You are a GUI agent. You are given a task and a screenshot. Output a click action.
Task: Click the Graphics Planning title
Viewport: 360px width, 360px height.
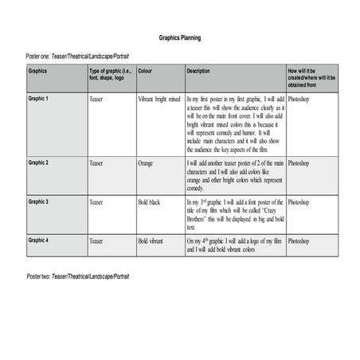pyautogui.click(x=179, y=37)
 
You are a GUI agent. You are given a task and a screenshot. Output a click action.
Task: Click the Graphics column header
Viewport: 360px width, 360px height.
pyautogui.click(x=38, y=71)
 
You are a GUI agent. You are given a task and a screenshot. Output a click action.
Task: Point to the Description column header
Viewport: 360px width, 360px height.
pyautogui.click(x=198, y=71)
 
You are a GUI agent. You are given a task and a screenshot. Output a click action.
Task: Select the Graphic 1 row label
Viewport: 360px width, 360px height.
pyautogui.click(x=39, y=99)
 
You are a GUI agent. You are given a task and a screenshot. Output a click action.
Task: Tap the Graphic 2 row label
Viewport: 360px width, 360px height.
pyautogui.click(x=39, y=162)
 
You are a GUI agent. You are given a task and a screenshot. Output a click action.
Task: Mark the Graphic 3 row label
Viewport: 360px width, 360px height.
pyautogui.click(x=39, y=202)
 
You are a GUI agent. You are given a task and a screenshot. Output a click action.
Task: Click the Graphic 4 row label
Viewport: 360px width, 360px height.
pyautogui.click(x=39, y=239)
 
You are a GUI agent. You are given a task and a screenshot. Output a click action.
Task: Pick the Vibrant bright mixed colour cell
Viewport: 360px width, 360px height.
pyautogui.click(x=159, y=99)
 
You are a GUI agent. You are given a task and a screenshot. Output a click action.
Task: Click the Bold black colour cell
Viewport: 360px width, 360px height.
pyautogui.click(x=149, y=202)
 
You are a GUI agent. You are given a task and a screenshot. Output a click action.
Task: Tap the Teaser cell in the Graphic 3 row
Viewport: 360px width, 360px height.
pyautogui.click(x=96, y=202)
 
